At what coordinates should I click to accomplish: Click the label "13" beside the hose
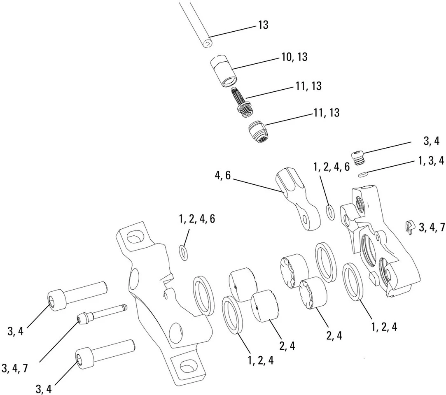(x=263, y=25)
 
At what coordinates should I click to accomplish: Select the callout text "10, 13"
(x=294, y=57)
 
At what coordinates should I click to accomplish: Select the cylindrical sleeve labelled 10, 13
(x=224, y=71)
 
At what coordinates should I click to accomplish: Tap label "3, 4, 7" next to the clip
(x=432, y=228)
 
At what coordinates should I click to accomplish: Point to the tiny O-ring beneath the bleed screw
(x=362, y=174)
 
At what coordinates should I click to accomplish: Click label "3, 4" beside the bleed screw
(x=431, y=141)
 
